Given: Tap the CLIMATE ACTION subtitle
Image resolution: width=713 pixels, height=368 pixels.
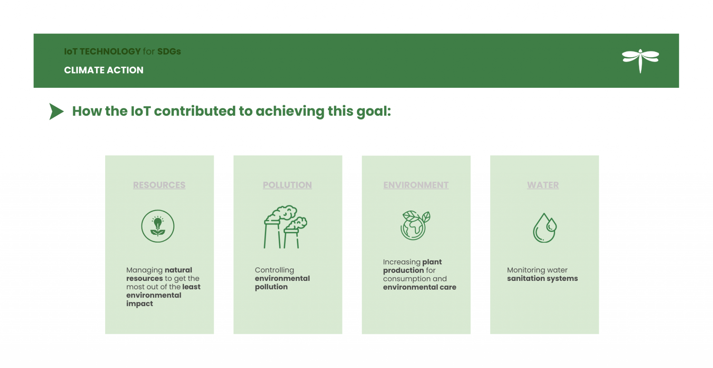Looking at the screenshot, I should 103,70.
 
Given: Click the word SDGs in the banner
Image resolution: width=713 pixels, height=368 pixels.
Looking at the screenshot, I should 169,52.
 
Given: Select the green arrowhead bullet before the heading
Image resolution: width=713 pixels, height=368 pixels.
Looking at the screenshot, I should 56,112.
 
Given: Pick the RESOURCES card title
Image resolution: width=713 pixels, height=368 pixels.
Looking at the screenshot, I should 159,185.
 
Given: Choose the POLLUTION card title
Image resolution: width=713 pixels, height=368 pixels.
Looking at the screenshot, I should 287,185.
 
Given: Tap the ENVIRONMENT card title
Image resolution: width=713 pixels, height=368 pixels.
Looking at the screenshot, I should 416,185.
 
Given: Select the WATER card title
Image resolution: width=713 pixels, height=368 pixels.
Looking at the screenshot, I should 543,185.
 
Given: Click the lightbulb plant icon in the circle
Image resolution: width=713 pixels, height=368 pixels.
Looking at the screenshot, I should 158,226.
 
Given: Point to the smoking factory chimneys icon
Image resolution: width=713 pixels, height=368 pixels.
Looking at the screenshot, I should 285,227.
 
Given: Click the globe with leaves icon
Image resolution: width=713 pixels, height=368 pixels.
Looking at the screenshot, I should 415,225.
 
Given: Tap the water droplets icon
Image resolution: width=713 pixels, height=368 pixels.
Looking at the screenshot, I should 544,228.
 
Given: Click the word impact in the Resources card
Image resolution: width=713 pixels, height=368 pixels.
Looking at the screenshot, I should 140,304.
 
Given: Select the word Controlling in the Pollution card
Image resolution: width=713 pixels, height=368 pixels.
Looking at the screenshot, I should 274,270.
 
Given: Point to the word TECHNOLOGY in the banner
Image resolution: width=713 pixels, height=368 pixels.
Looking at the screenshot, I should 110,52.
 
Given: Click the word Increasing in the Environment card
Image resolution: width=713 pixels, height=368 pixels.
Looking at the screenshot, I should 402,262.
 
